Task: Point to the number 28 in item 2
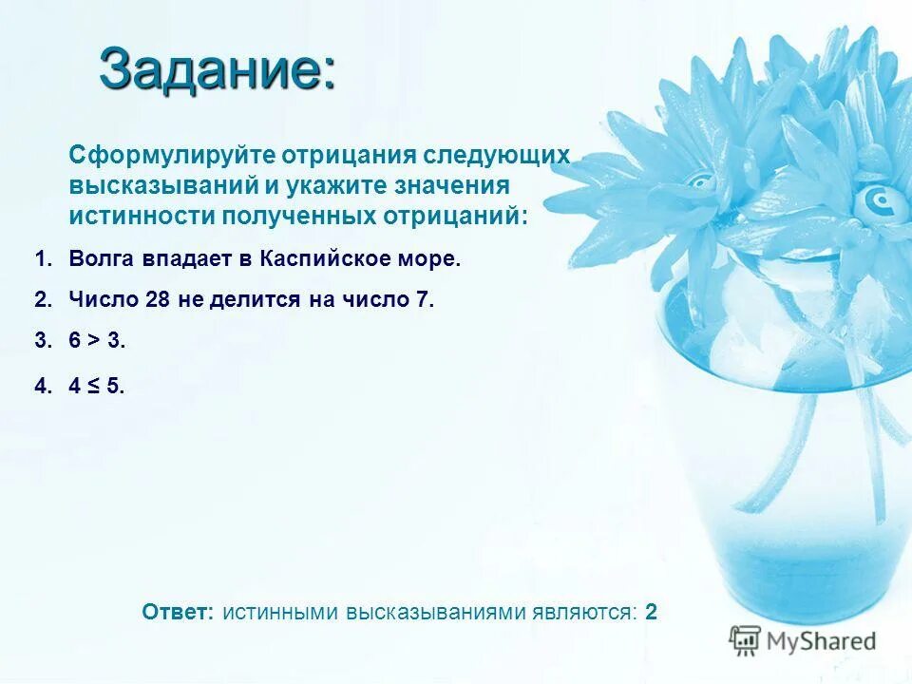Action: [157, 300]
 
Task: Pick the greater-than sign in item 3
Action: [93, 342]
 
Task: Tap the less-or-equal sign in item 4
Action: [93, 386]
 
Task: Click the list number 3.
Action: [41, 342]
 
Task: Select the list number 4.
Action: [41, 386]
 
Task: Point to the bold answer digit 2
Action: [651, 612]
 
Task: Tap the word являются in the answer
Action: [582, 612]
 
